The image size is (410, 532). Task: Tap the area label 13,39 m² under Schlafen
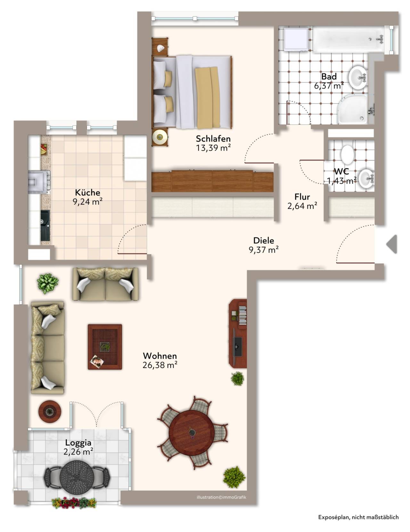(x=213, y=147)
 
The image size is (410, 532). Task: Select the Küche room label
(x=87, y=193)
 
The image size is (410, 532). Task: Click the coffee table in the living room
(x=105, y=347)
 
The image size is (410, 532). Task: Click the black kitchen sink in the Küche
(x=45, y=226)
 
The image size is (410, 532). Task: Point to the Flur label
(x=302, y=197)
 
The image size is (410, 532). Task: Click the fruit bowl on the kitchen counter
(x=43, y=149)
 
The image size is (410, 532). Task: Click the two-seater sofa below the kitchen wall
(x=105, y=284)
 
